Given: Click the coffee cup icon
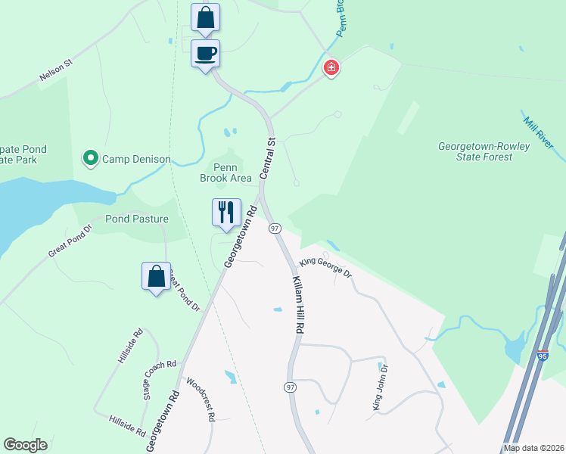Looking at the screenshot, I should (x=205, y=54).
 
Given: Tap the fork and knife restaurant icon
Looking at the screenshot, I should (x=226, y=213).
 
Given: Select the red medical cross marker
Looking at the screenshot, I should (x=331, y=69).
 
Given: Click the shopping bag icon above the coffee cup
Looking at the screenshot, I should (x=205, y=17).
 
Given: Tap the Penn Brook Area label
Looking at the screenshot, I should (x=225, y=173).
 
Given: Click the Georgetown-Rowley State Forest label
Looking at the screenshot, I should (x=475, y=151).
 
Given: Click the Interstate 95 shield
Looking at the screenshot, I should (x=543, y=356).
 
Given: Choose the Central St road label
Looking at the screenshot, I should (x=266, y=157).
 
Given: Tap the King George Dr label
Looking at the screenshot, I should (x=326, y=268).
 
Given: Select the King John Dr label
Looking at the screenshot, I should (x=380, y=387).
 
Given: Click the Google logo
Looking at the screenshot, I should (x=25, y=445).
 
